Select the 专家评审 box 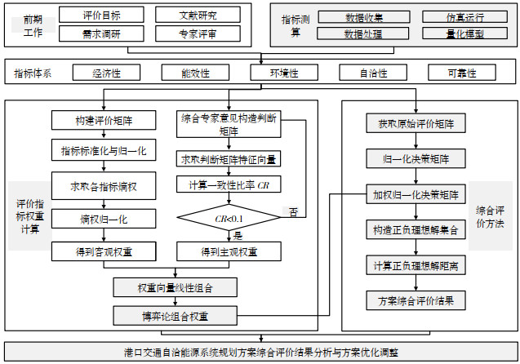[x=198, y=33]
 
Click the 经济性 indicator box [x=106, y=73]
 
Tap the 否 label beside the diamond [x=293, y=212]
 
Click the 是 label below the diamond [x=238, y=235]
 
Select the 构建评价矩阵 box [x=104, y=121]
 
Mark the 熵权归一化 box [x=104, y=219]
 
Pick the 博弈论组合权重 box [x=175, y=314]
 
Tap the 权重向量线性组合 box [x=175, y=288]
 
